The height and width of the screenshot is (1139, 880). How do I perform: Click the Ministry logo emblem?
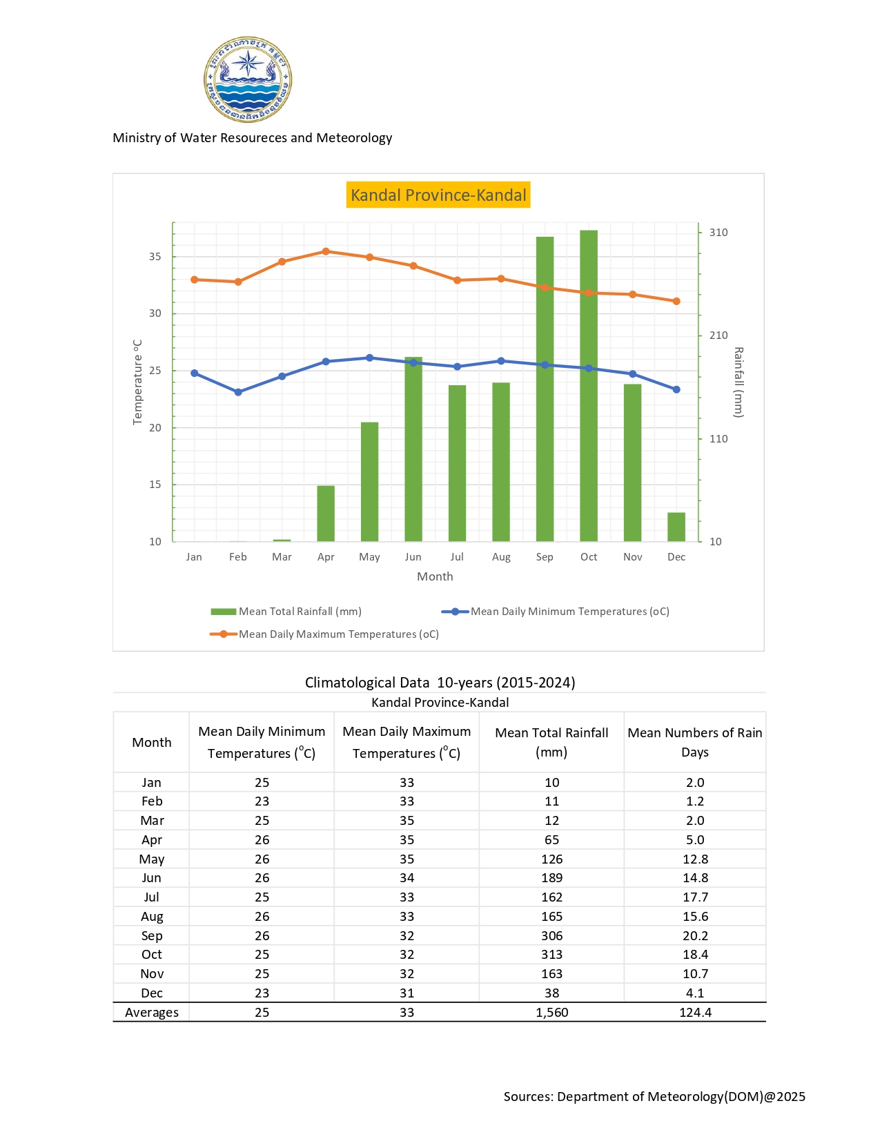pos(248,80)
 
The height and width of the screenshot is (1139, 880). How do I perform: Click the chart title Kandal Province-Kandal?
pos(438,195)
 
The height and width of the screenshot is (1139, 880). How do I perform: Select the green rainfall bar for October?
pos(589,386)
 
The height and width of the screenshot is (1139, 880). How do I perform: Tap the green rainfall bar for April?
pos(326,514)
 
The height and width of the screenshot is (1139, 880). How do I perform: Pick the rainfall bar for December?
pos(676,527)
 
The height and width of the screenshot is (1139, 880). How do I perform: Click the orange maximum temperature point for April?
pos(326,251)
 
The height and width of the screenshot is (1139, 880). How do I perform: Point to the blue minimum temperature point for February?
pos(238,392)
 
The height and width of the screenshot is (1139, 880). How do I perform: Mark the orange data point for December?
pos(676,301)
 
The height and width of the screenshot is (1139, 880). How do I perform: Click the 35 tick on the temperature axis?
pos(155,257)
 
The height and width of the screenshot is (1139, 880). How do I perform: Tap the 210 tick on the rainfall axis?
pos(718,335)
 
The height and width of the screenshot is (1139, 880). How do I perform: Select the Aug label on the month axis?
pos(501,557)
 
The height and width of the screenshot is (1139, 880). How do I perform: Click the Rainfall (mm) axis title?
pos(739,382)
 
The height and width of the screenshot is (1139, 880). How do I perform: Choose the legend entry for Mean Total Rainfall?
pos(286,612)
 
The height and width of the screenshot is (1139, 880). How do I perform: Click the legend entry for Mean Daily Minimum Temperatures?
pos(556,612)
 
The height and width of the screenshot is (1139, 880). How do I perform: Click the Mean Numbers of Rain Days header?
pos(695,742)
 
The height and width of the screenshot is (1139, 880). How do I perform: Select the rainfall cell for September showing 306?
pos(551,936)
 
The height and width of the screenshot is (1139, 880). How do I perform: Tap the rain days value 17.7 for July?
pos(695,897)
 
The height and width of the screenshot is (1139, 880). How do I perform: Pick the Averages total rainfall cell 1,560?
pos(551,1013)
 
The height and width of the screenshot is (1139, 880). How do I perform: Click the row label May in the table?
pos(152,859)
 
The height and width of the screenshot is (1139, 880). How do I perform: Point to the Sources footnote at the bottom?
pos(654,1097)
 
